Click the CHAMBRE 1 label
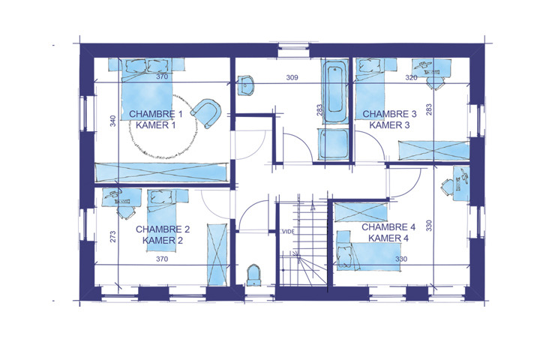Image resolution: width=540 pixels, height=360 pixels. coord(156,114)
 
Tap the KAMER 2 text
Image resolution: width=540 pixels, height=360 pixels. coord(163,241)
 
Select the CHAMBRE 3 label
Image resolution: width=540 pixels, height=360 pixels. coord(389,114)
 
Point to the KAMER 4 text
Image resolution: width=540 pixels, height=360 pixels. coord(388,238)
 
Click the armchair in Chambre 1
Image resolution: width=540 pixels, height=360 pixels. coord(206,113)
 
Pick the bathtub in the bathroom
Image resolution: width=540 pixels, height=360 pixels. coord(334,91)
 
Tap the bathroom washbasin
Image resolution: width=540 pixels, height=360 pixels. coord(245,85)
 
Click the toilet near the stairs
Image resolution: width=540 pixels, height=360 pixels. coord(253,275)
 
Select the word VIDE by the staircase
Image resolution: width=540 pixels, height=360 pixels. coord(289,232)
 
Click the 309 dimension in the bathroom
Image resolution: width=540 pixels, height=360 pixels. coord(292,77)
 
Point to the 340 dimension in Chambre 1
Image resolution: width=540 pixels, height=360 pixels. coord(113,121)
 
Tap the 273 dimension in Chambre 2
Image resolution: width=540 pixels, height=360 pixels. coord(113,237)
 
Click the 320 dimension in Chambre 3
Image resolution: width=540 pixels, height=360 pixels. coord(411,77)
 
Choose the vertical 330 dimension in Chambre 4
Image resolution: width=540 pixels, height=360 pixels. coord(429,226)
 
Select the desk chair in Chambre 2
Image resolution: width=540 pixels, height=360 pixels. coord(125,212)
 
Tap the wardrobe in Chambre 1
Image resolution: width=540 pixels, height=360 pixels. coord(161,172)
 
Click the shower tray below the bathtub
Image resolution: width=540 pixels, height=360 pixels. coord(334,144)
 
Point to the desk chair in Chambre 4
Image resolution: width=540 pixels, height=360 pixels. coord(447,187)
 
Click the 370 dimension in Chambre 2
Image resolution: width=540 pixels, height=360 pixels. coord(162,259)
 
